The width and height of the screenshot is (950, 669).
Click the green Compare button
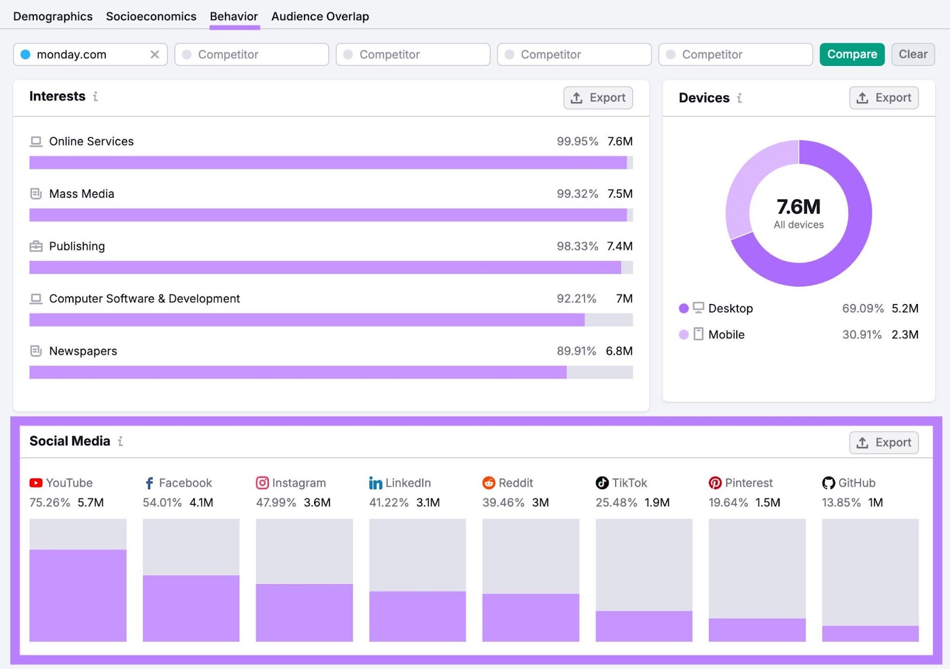tap(851, 55)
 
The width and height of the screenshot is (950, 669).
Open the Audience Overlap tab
tap(320, 17)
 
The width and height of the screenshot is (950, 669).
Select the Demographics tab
tap(53, 17)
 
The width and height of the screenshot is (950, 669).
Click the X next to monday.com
tap(154, 55)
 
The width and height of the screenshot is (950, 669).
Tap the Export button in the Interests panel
tap(598, 98)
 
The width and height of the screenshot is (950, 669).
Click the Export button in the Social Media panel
tap(883, 443)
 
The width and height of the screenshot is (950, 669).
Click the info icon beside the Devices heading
tap(739, 98)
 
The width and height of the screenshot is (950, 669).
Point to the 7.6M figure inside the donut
tap(799, 207)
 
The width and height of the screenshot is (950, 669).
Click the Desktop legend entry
tap(730, 309)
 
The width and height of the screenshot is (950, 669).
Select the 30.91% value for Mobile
tap(862, 335)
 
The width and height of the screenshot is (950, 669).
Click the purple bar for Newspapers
tap(297, 373)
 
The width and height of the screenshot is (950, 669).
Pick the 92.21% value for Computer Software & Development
tap(576, 299)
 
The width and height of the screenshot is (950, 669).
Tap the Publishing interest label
tap(77, 246)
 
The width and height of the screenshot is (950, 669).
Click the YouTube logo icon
tap(36, 483)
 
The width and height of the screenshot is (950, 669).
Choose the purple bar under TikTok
tap(644, 626)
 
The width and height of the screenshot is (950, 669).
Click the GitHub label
tap(856, 483)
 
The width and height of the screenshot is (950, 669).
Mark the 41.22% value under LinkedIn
tap(388, 503)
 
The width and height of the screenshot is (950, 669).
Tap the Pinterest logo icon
tap(715, 483)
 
